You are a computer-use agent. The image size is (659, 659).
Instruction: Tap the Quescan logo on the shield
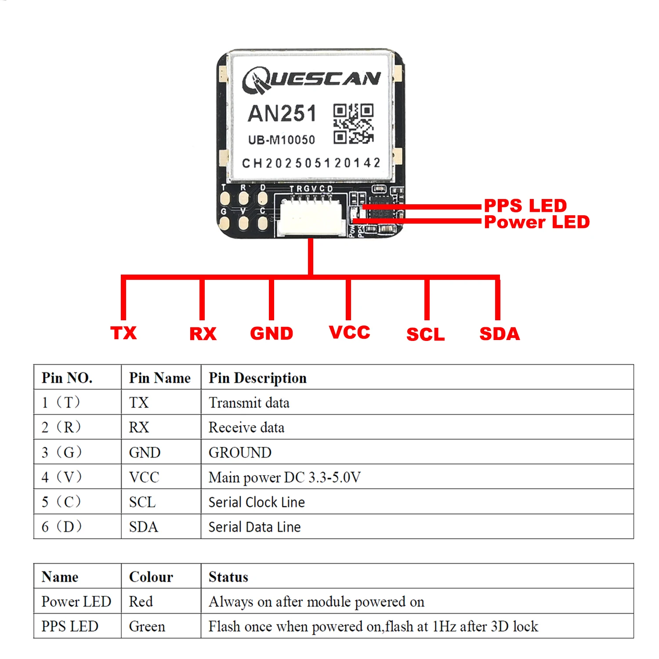click(x=311, y=80)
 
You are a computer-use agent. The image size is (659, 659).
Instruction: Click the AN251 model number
click(x=282, y=113)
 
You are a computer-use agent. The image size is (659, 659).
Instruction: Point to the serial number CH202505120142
click(x=311, y=163)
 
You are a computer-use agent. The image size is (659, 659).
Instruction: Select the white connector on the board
click(x=310, y=216)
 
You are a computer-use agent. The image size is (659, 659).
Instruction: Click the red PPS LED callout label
click(x=525, y=206)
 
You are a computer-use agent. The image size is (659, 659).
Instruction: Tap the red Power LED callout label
click(x=537, y=222)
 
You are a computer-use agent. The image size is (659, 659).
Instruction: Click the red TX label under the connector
click(x=123, y=333)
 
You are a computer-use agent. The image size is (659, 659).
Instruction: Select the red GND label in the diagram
click(x=272, y=333)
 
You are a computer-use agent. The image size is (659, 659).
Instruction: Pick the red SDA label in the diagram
click(x=500, y=334)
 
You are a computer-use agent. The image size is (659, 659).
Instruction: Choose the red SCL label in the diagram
click(x=425, y=334)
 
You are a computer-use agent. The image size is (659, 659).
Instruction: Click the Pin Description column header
click(x=257, y=378)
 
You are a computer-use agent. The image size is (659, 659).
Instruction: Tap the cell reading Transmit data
click(x=249, y=402)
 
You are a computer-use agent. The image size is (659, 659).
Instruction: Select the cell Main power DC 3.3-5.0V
click(x=284, y=477)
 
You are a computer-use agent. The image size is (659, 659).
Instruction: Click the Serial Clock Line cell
click(x=257, y=502)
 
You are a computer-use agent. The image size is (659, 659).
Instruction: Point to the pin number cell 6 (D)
click(x=62, y=526)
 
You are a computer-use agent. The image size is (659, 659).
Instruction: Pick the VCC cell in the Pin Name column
click(x=144, y=477)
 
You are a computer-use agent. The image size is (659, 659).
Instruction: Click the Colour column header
click(x=151, y=576)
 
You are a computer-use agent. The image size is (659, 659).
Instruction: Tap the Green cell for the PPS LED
click(x=147, y=626)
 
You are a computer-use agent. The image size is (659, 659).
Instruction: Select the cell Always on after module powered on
click(x=316, y=601)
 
